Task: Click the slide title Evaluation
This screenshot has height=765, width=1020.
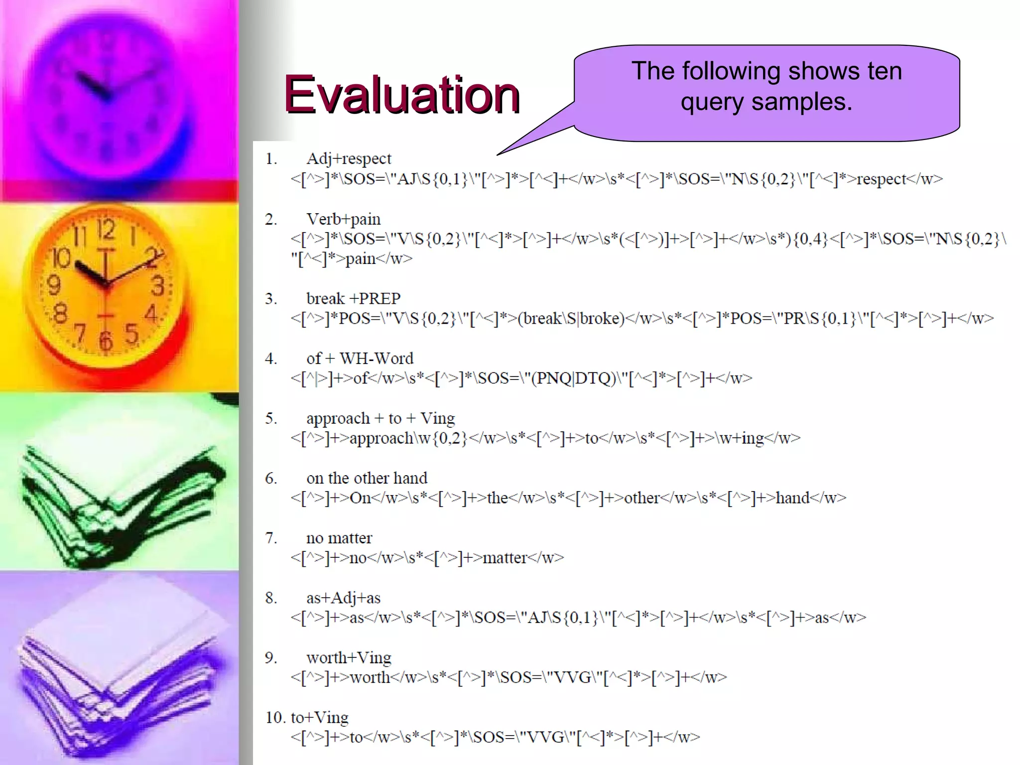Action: tap(401, 94)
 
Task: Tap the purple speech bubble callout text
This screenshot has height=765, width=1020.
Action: tap(766, 86)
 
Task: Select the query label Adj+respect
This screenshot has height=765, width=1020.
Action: tap(349, 159)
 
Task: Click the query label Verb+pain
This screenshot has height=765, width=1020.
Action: tap(343, 219)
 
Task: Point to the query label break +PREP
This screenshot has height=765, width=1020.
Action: tap(353, 299)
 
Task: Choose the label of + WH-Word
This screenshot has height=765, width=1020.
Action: tap(360, 359)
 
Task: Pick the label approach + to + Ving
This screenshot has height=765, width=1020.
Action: tap(381, 418)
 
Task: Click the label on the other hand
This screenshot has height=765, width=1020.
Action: tap(367, 478)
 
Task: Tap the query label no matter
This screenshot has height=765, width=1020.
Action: tap(339, 538)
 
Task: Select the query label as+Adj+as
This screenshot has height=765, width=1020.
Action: tap(343, 598)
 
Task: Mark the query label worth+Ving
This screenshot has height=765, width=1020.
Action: tap(349, 658)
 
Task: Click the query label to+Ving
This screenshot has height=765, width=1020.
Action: tap(320, 718)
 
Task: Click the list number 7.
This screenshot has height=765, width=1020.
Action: tap(271, 538)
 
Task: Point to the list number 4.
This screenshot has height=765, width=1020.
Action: tap(271, 359)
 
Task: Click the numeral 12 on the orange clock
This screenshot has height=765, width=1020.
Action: tap(106, 230)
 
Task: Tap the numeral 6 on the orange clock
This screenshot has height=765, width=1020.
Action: tap(105, 342)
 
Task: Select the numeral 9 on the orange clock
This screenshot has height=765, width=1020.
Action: tap(53, 285)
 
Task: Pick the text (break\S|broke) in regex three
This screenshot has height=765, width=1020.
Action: tap(571, 319)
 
